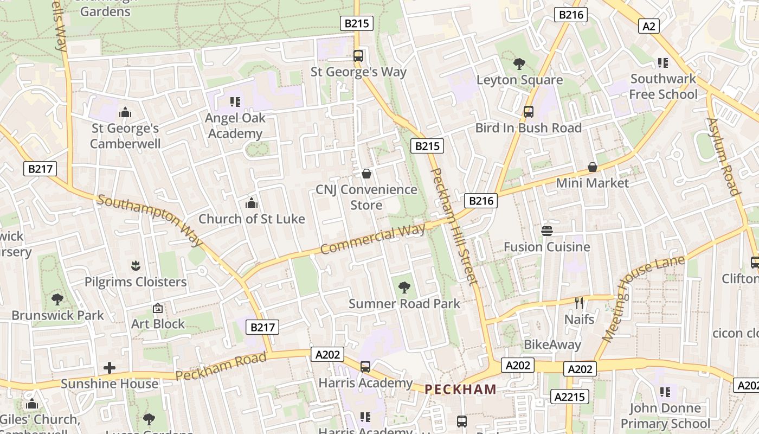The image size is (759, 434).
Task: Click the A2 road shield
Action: [x=648, y=26]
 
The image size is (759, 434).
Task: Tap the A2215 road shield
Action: [x=570, y=397]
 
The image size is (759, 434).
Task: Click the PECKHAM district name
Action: [x=460, y=389]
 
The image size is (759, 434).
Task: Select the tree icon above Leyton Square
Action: [x=519, y=64]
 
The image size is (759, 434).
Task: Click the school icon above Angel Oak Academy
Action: [x=235, y=101]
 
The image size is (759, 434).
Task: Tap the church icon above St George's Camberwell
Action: [x=125, y=112]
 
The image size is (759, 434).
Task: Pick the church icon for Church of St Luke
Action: [x=252, y=203]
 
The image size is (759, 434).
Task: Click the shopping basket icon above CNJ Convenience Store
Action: [x=366, y=174]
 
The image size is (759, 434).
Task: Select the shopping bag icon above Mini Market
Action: [x=593, y=167]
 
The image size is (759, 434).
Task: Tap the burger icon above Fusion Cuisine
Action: [x=546, y=231]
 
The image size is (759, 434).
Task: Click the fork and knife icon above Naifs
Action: [x=579, y=303]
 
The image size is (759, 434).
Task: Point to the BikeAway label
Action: [x=552, y=344]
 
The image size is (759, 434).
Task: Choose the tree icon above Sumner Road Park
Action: [x=404, y=288]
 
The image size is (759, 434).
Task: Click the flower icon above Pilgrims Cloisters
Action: [x=136, y=266]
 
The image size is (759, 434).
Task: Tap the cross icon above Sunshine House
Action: [x=110, y=368]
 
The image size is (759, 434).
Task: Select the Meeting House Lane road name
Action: [x=642, y=299]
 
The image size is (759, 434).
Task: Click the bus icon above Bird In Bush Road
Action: [x=529, y=112]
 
